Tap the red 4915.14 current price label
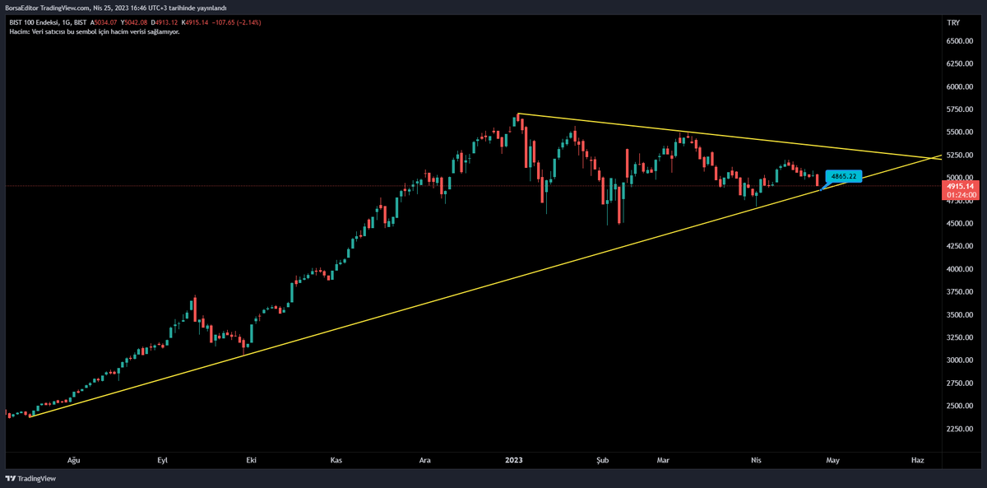point(960,187)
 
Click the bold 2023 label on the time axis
point(513,461)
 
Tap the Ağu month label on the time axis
point(72,461)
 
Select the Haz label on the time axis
point(918,461)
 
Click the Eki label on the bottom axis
point(251,461)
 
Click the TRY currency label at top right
point(954,22)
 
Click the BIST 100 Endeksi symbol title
point(39,22)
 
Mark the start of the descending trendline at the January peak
point(518,114)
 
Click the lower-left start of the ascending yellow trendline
point(30,416)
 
